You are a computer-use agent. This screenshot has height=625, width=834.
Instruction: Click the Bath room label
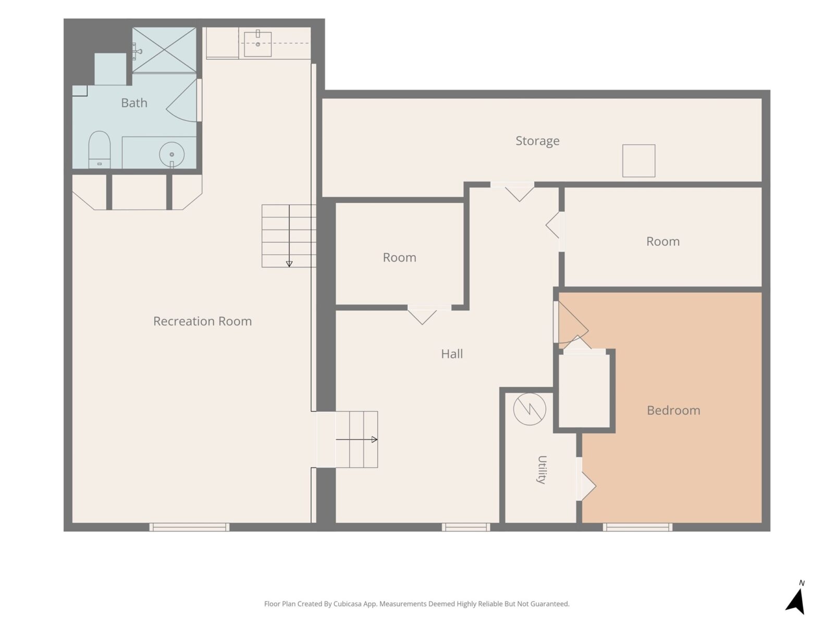click(x=134, y=103)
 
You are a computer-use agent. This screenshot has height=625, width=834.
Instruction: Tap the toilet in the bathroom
click(x=99, y=149)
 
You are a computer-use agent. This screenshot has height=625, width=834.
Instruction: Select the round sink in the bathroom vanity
click(x=171, y=155)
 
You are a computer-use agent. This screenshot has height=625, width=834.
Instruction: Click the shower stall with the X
click(x=164, y=49)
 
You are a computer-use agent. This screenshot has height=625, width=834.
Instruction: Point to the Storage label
click(x=537, y=141)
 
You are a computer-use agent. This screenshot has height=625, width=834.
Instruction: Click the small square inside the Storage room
click(x=639, y=160)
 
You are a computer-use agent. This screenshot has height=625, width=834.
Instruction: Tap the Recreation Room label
click(x=203, y=321)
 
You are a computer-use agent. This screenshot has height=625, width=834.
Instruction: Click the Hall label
click(x=452, y=354)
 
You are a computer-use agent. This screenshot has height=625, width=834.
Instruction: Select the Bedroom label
click(x=673, y=410)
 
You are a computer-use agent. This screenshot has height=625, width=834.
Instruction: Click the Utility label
click(x=542, y=470)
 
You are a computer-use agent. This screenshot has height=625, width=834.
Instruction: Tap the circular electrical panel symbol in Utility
click(x=530, y=409)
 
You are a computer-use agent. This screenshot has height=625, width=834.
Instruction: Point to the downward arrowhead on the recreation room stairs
click(x=289, y=264)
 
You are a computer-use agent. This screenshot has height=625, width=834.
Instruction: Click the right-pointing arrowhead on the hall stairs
click(x=374, y=440)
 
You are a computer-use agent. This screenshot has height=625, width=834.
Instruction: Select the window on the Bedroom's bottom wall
click(x=637, y=527)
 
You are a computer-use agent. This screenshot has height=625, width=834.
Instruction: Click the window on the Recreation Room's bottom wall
click(x=189, y=527)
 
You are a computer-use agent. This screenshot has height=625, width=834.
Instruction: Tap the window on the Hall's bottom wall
click(x=466, y=527)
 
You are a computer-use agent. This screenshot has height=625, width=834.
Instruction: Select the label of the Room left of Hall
click(x=399, y=258)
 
